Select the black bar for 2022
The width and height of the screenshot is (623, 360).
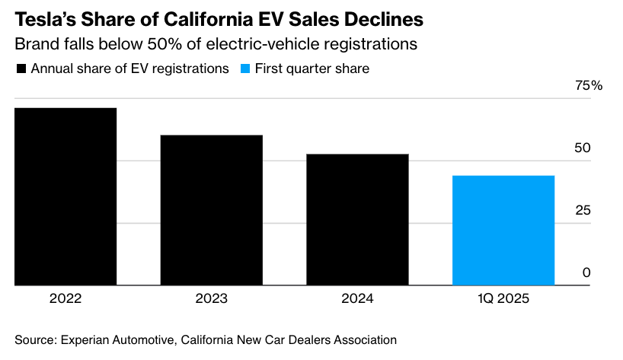pyautogui.click(x=65, y=196)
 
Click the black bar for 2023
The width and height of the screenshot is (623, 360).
pyautogui.click(x=211, y=210)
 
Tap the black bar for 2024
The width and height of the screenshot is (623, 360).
pyautogui.click(x=357, y=220)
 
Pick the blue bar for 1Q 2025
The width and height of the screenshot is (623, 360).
pyautogui.click(x=503, y=231)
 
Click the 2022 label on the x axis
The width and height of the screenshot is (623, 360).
pyautogui.click(x=65, y=299)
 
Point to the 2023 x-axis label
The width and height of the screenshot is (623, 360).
pyautogui.click(x=211, y=299)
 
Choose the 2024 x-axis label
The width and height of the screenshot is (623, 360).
pyautogui.click(x=357, y=299)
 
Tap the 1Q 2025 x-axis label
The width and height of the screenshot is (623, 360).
pyautogui.click(x=503, y=299)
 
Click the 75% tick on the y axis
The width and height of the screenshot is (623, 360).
pyautogui.click(x=588, y=86)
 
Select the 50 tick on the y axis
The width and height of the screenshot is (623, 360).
pyautogui.click(x=583, y=148)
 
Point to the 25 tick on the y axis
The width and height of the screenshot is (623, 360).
pyautogui.click(x=583, y=210)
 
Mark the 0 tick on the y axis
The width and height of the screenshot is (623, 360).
pyautogui.click(x=586, y=272)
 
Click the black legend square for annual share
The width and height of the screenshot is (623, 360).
pyautogui.click(x=21, y=69)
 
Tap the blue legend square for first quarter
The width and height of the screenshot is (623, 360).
pyautogui.click(x=244, y=69)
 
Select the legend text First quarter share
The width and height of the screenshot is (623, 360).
pyautogui.click(x=312, y=68)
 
